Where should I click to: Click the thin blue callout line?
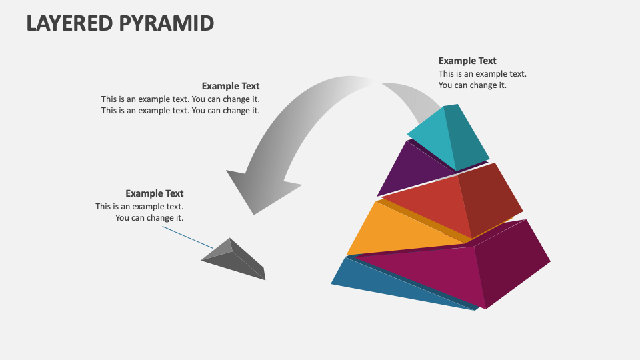click(x=187, y=238)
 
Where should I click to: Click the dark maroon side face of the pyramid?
click(x=510, y=260)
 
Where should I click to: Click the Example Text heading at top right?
click(x=467, y=61)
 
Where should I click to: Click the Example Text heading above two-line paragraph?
click(x=231, y=86)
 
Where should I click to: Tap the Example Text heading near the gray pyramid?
click(x=154, y=193)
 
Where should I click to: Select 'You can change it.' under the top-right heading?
click(x=472, y=85)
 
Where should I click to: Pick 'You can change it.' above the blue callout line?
click(x=149, y=217)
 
